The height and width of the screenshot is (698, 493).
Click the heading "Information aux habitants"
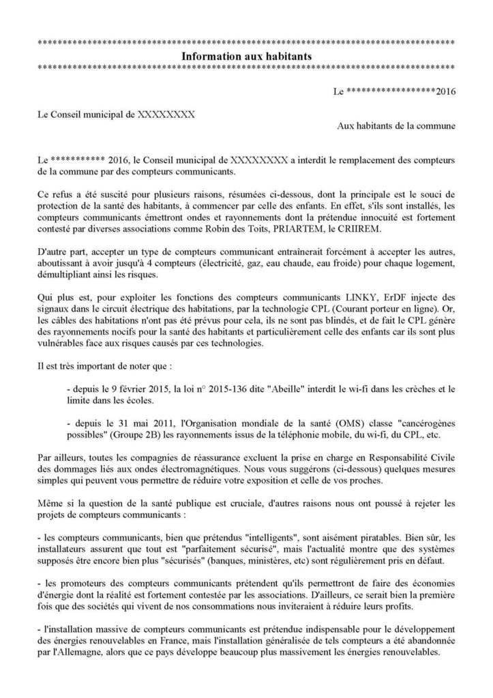(x=246, y=57)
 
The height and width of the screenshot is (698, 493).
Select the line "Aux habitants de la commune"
(x=397, y=125)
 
